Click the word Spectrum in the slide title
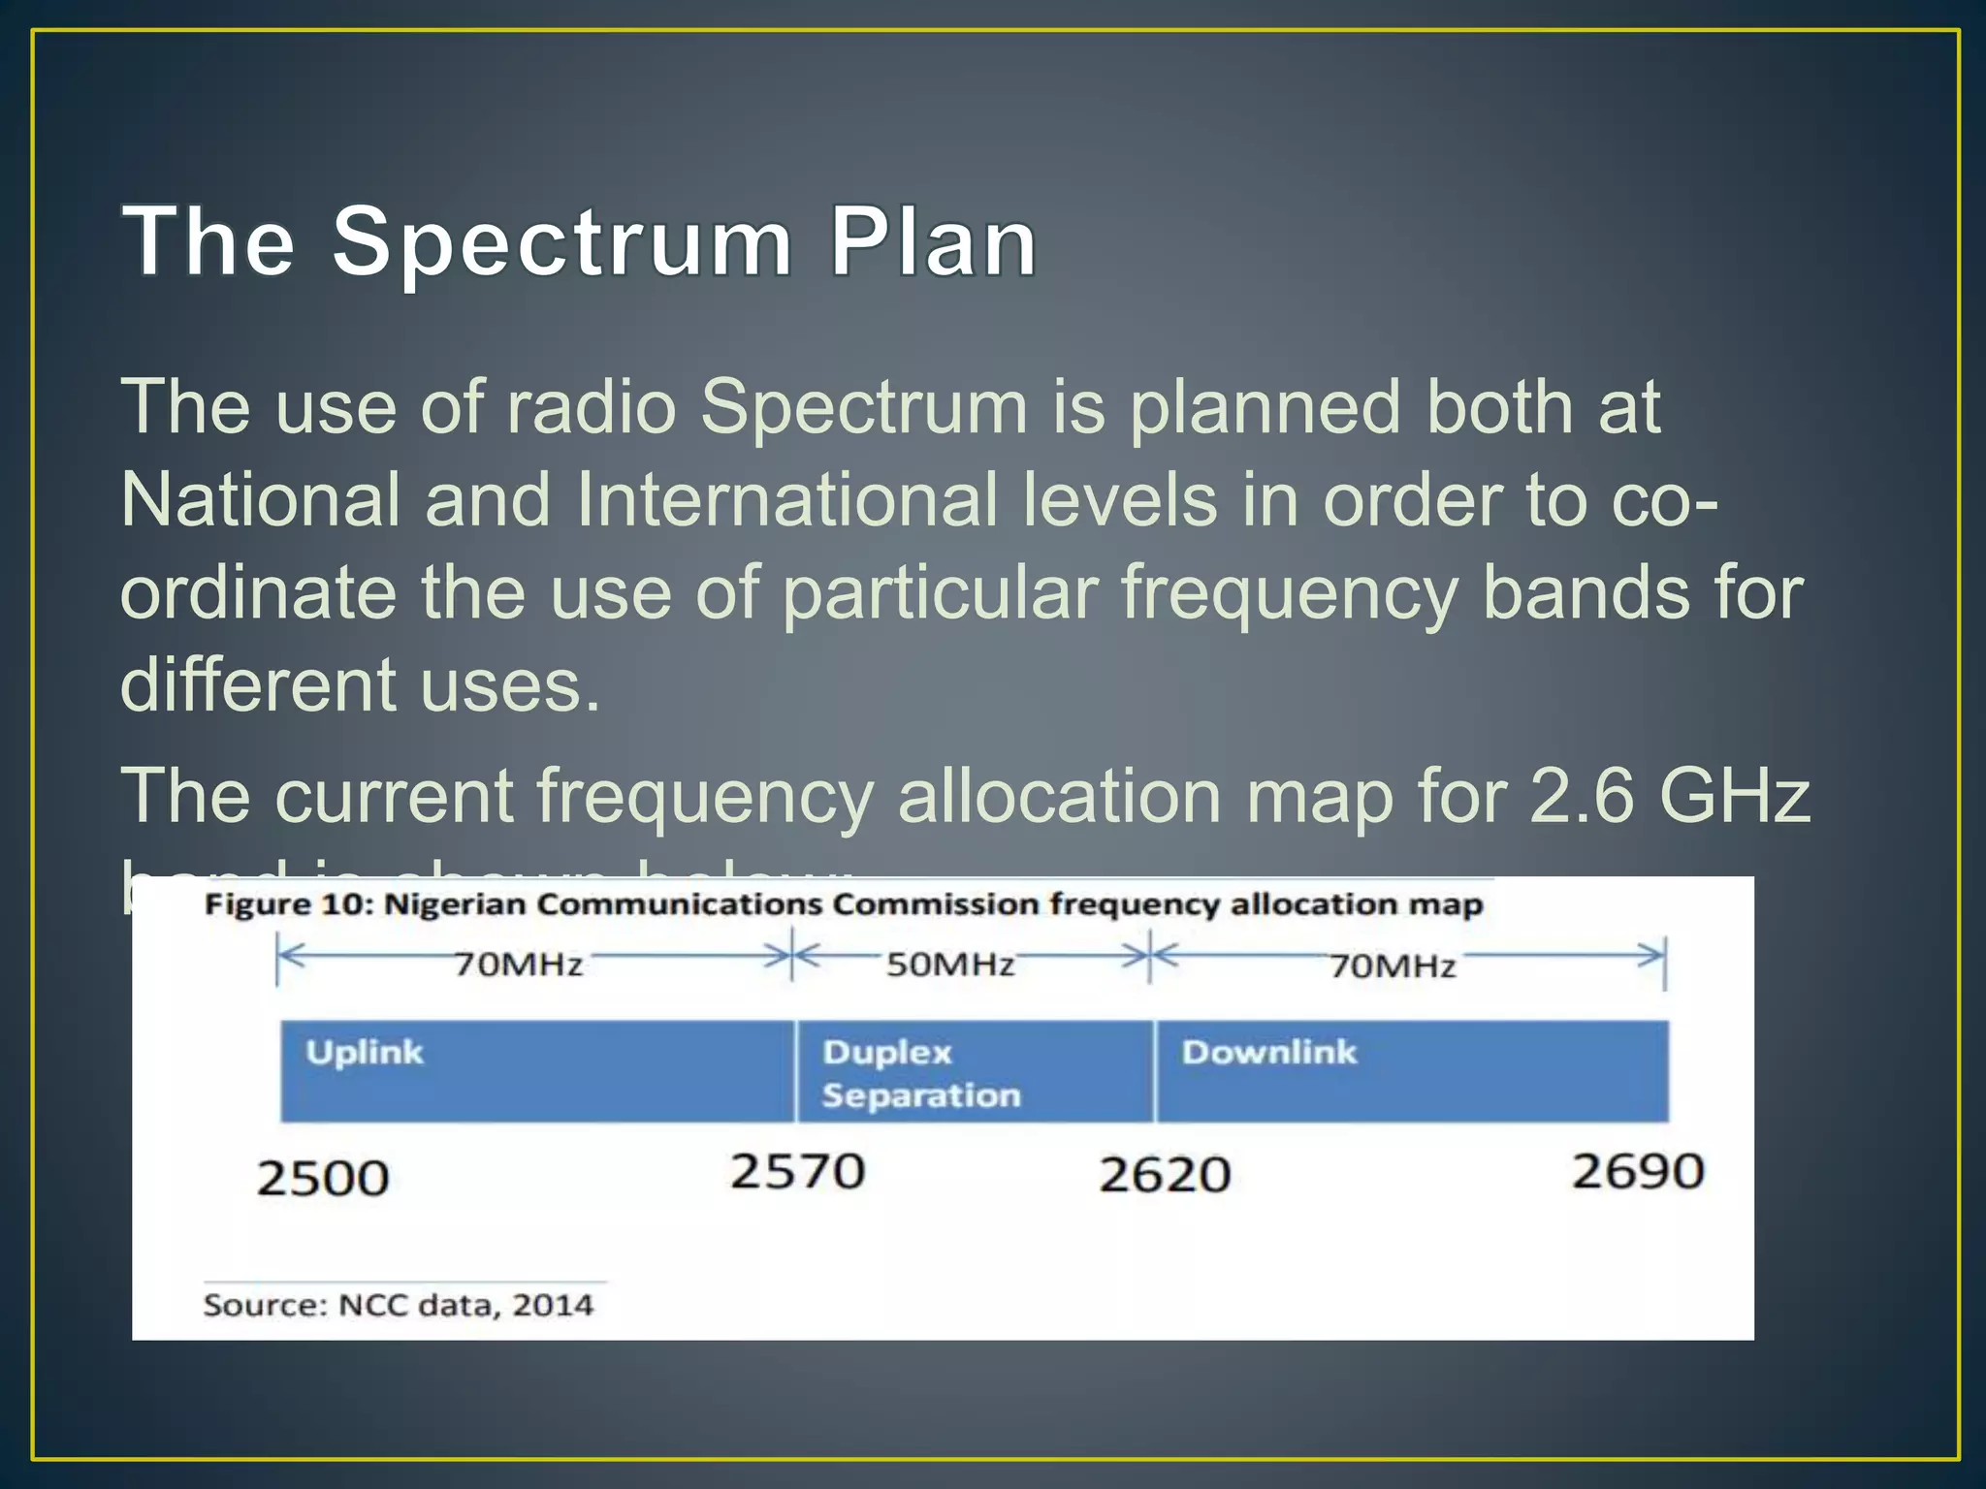pos(562,242)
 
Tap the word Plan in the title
pos(933,242)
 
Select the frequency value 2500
pos(323,1179)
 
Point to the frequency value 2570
pos(797,1171)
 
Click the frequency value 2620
pos(1165,1175)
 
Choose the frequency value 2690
pos(1638,1171)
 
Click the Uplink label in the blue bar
pos(365,1053)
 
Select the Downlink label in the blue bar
pos(1269,1053)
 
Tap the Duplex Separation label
pos(921,1074)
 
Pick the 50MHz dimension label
pos(950,965)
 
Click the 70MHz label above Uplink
pos(519,965)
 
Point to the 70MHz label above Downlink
pos(1393,966)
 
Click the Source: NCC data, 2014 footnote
pos(398,1305)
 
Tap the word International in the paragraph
pos(785,500)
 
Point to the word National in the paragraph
pos(260,500)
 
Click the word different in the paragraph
pos(258,684)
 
